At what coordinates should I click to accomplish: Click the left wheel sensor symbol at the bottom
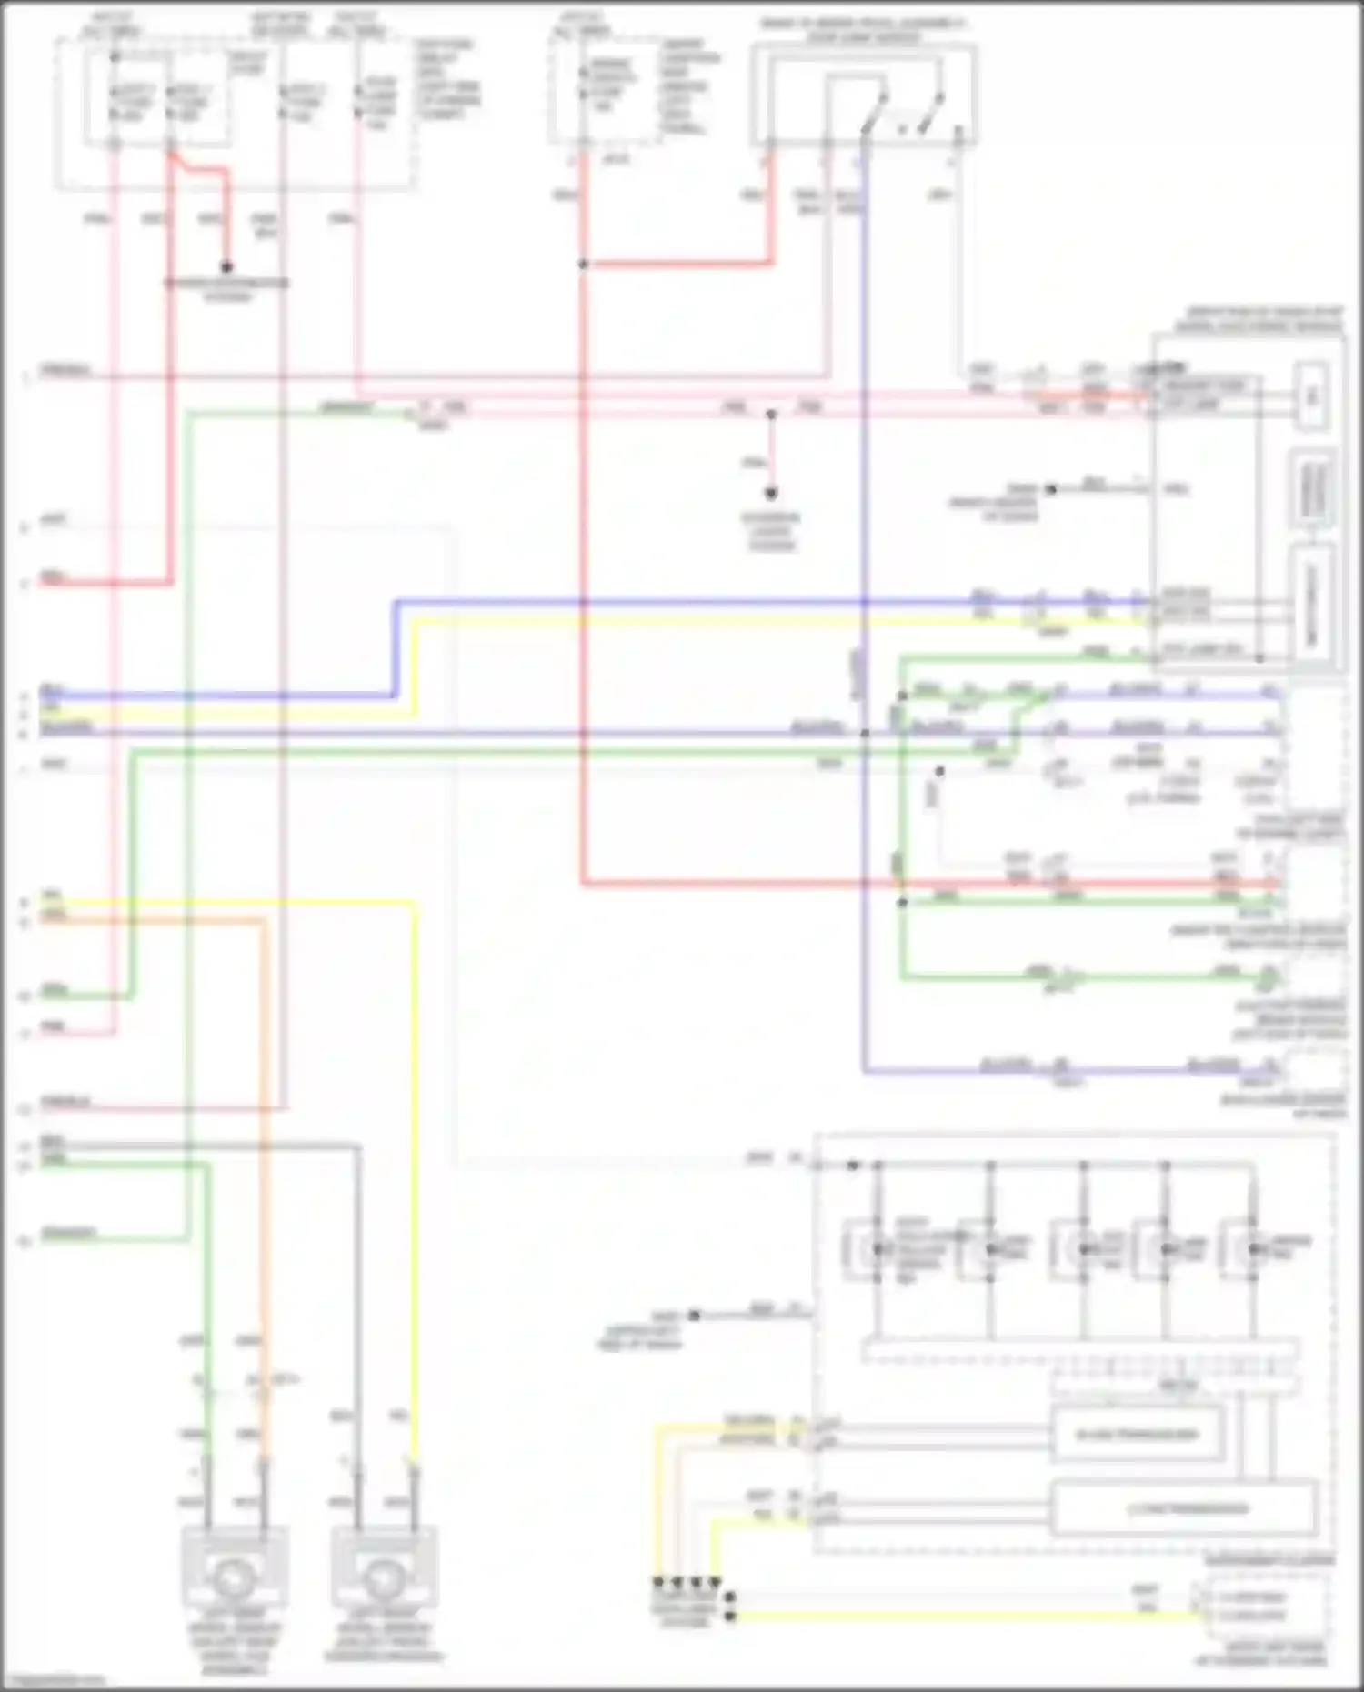pyautogui.click(x=236, y=1577)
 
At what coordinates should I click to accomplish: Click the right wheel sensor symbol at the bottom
pyautogui.click(x=384, y=1577)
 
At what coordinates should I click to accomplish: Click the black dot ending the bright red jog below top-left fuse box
pyautogui.click(x=226, y=267)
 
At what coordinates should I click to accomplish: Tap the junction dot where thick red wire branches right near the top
pyautogui.click(x=583, y=265)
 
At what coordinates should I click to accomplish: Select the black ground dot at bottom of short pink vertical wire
pyautogui.click(x=771, y=494)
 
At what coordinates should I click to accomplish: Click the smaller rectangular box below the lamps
pyautogui.click(x=1137, y=1436)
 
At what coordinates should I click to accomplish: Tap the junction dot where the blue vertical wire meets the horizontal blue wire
pyautogui.click(x=865, y=733)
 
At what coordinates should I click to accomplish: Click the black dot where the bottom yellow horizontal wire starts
pyautogui.click(x=729, y=1616)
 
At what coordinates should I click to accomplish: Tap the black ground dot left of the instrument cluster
pyautogui.click(x=694, y=1315)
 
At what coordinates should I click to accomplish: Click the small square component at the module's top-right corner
pyautogui.click(x=1310, y=395)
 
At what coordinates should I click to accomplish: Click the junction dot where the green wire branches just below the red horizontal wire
pyautogui.click(x=902, y=903)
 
